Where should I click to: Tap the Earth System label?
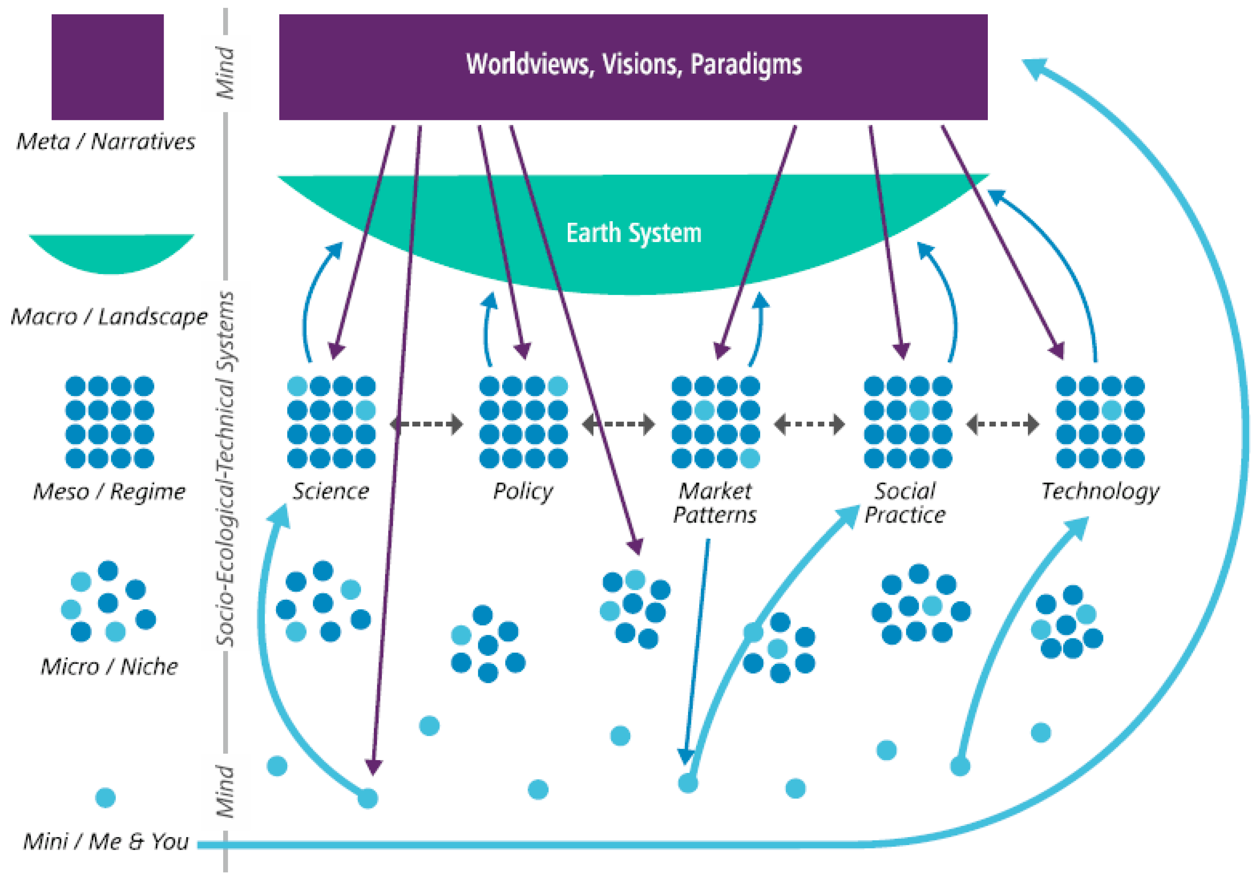(x=634, y=234)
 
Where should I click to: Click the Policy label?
(x=523, y=492)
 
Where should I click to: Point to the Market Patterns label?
(x=715, y=503)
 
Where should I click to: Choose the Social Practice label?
(x=905, y=503)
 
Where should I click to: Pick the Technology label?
(x=1100, y=492)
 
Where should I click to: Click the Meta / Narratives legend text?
(x=106, y=142)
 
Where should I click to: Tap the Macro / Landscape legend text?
(x=109, y=317)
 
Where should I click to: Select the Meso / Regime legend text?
(x=109, y=492)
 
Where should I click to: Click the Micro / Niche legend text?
(x=109, y=667)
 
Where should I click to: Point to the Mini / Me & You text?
(x=106, y=841)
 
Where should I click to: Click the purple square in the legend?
(x=107, y=67)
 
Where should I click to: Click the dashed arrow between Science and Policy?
(x=426, y=424)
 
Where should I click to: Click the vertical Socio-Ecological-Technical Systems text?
(x=225, y=469)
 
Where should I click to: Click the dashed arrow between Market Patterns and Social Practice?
(x=809, y=424)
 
